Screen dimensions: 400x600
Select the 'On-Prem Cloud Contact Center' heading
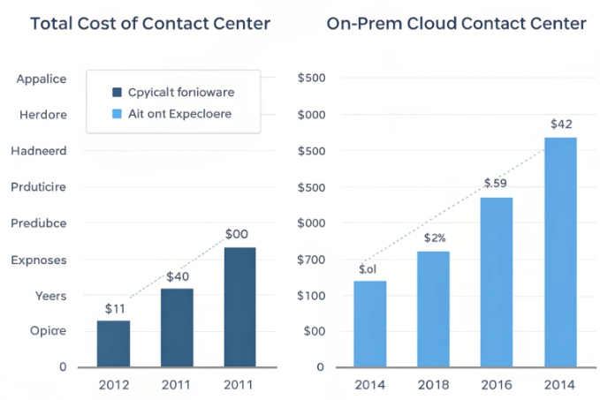click(x=456, y=24)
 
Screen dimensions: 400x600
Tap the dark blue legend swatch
click(x=118, y=91)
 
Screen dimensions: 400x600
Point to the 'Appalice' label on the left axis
click(x=41, y=79)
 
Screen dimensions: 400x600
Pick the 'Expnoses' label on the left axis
click(x=39, y=260)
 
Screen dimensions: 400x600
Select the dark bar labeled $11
click(x=113, y=343)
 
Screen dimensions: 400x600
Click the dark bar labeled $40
click(x=177, y=327)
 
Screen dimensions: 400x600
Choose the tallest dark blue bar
click(x=239, y=306)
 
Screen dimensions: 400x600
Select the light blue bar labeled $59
click(x=497, y=281)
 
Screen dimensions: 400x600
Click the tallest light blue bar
click(x=560, y=252)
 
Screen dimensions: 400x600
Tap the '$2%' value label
click(x=435, y=238)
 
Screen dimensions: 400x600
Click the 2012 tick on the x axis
click(x=113, y=385)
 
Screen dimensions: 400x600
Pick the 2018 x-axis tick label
click(x=434, y=385)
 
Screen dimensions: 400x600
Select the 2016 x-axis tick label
click(x=497, y=385)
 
